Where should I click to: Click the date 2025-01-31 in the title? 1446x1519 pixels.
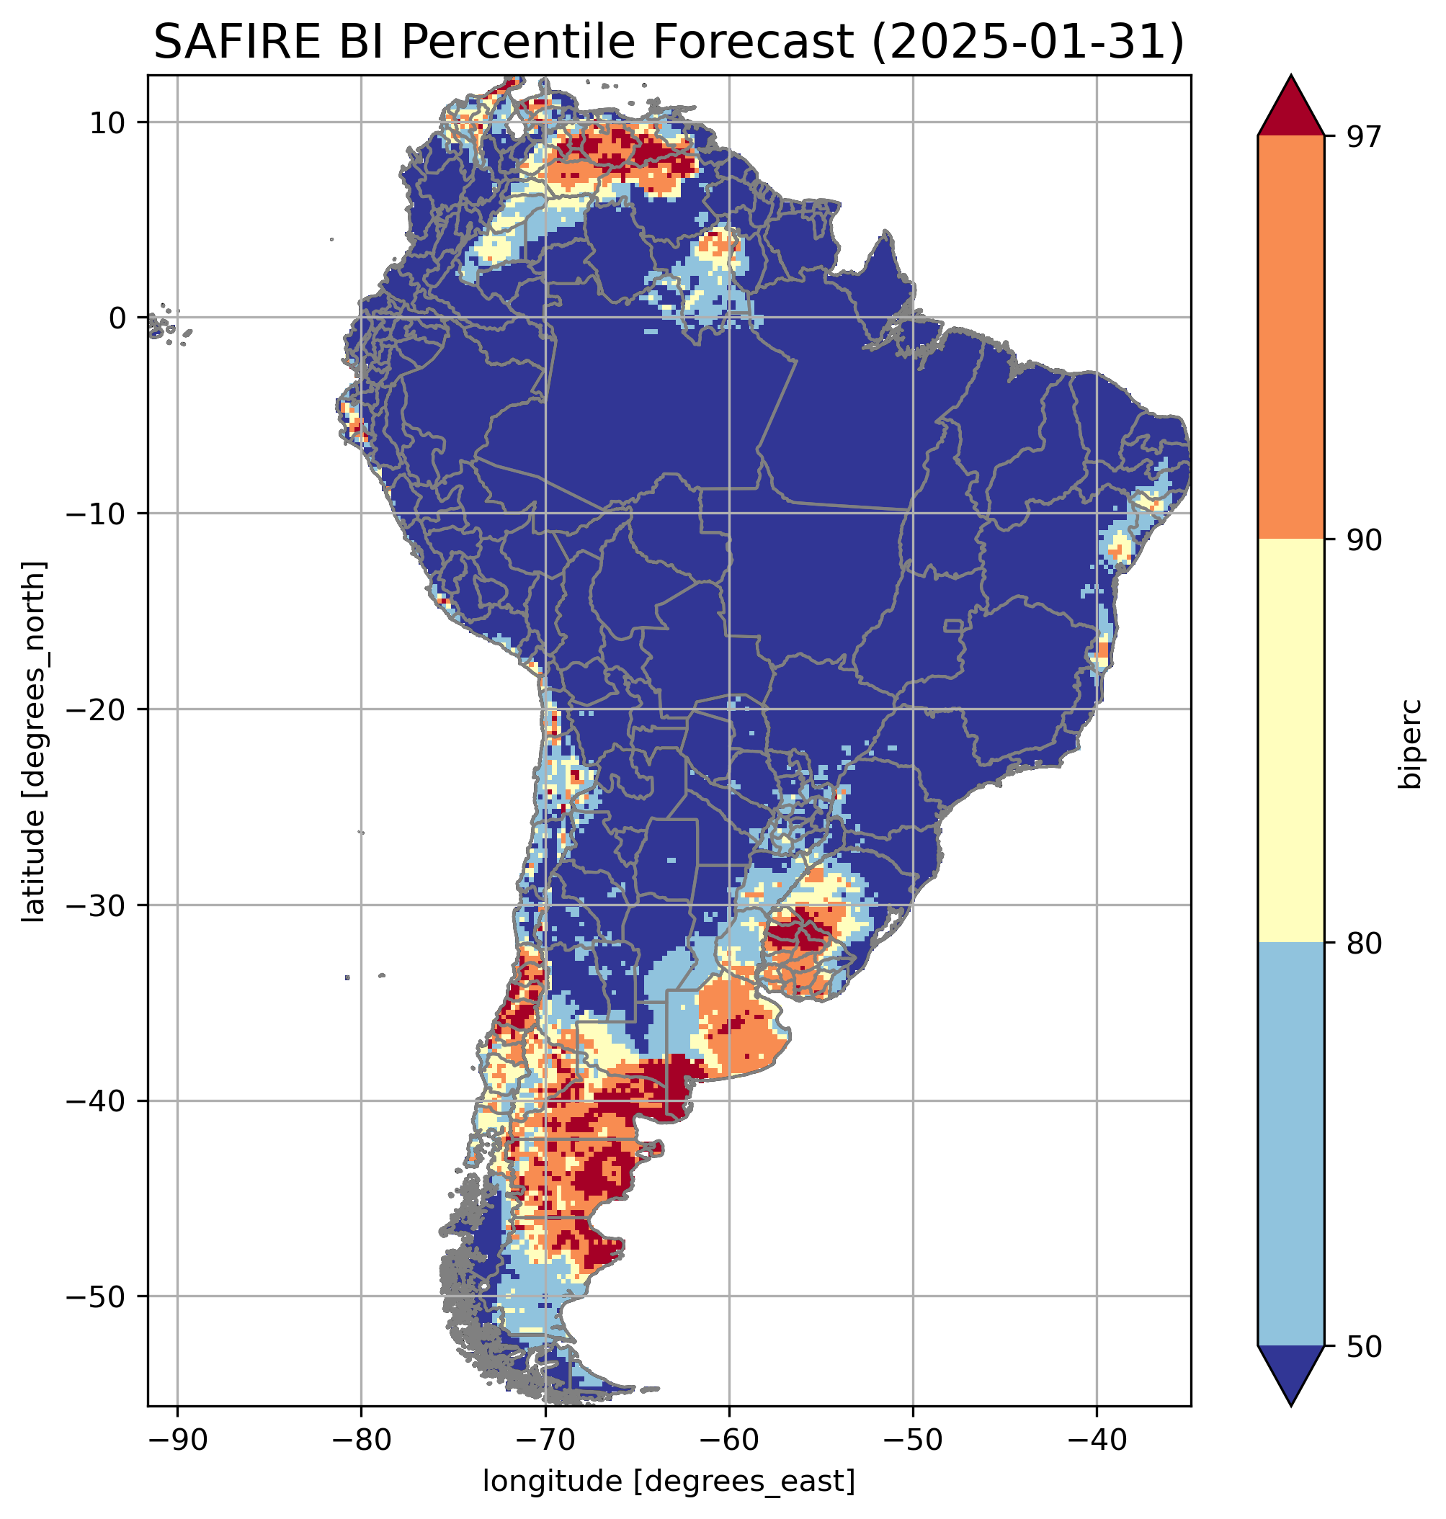[x=1025, y=42]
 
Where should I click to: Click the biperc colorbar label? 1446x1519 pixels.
[x=1413, y=741]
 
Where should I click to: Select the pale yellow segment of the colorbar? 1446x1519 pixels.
[x=1290, y=740]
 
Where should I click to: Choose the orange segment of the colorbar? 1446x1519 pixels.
[x=1290, y=337]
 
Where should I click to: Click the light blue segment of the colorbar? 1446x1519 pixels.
[x=1290, y=1144]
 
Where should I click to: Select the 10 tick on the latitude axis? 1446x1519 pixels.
[x=108, y=122]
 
